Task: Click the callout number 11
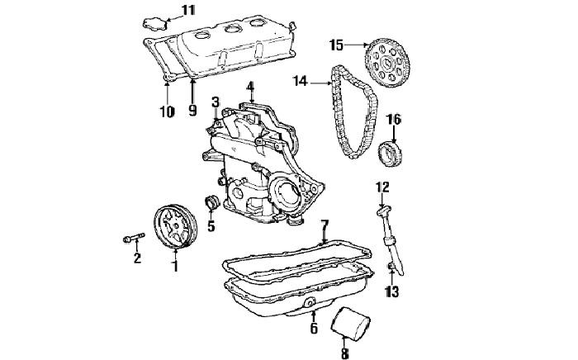(189, 10)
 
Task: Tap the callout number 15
(336, 45)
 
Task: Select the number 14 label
(300, 82)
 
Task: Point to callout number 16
(394, 120)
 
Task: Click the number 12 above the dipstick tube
(382, 187)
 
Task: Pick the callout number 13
(392, 291)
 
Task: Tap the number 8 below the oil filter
(344, 353)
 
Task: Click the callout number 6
(314, 329)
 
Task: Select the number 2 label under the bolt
(137, 258)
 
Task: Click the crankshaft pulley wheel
(175, 227)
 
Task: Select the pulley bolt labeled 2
(134, 238)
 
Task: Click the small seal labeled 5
(211, 203)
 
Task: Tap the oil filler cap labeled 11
(155, 24)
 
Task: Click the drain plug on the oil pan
(309, 304)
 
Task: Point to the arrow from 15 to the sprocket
(356, 45)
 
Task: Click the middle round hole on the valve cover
(232, 29)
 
